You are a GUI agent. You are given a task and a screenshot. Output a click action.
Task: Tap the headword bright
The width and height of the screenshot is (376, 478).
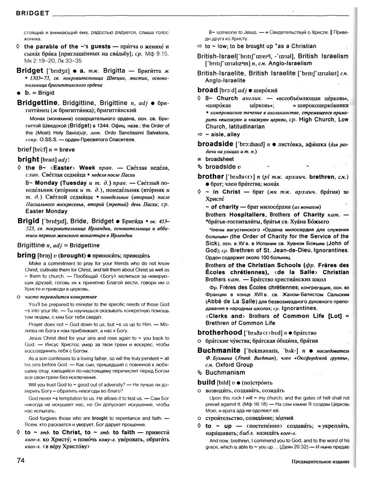pos(28,159)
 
